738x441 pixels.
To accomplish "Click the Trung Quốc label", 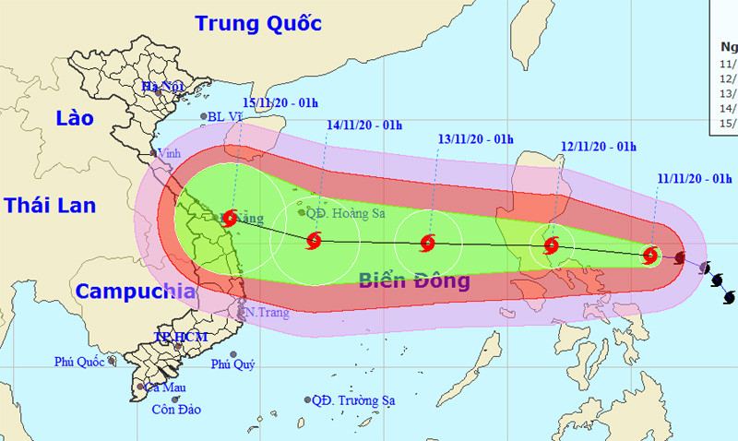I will click(258, 23).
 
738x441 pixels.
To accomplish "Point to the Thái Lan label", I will click(50, 205).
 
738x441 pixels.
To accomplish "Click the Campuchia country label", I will click(135, 292).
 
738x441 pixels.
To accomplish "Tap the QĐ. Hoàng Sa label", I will click(346, 213).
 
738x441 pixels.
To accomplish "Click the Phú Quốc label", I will click(79, 362).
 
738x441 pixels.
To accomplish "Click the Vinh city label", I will click(169, 153).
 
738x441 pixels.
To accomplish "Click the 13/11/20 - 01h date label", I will click(475, 139).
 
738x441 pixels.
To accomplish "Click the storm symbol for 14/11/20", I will click(314, 242).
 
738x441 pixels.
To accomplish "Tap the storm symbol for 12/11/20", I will click(551, 245).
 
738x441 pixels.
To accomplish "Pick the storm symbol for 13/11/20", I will click(426, 244).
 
